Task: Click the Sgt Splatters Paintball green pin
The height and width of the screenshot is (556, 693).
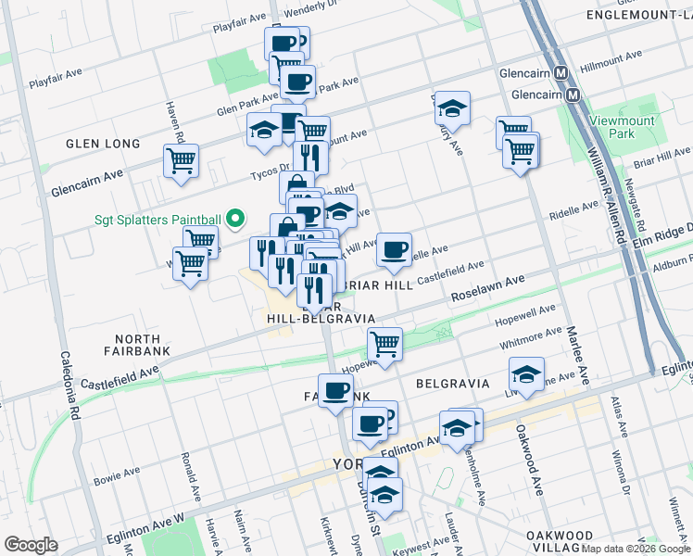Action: (235, 220)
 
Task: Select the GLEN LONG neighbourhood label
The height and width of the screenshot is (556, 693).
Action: (103, 144)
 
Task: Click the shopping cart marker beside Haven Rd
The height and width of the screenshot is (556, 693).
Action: (181, 159)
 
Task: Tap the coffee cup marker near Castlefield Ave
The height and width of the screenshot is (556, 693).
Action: (394, 249)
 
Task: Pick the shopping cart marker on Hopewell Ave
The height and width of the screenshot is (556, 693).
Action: (384, 345)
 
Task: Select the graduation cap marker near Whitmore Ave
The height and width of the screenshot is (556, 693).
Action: (526, 374)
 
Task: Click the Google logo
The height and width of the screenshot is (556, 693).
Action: (31, 545)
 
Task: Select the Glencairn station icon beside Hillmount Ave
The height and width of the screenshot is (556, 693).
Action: (560, 73)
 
